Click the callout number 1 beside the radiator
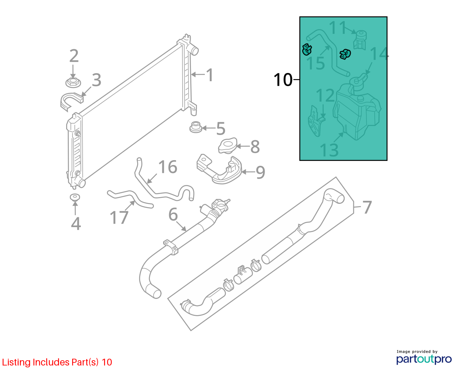tap(209, 75)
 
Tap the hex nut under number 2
tap(73, 83)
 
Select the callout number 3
tap(96, 80)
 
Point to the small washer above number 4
tap(75, 197)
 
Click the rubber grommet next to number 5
tap(196, 127)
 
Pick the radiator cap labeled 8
tap(228, 146)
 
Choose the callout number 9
tap(260, 172)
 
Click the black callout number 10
tap(283, 80)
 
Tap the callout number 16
tap(168, 167)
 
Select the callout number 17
tap(119, 217)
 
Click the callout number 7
tap(367, 207)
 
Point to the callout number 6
tap(173, 214)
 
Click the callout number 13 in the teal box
tap(329, 150)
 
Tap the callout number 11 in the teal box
tap(338, 27)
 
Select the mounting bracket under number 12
tap(316, 121)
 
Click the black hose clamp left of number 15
tap(307, 50)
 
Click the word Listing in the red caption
tap(17, 362)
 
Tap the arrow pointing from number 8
tap(243, 146)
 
